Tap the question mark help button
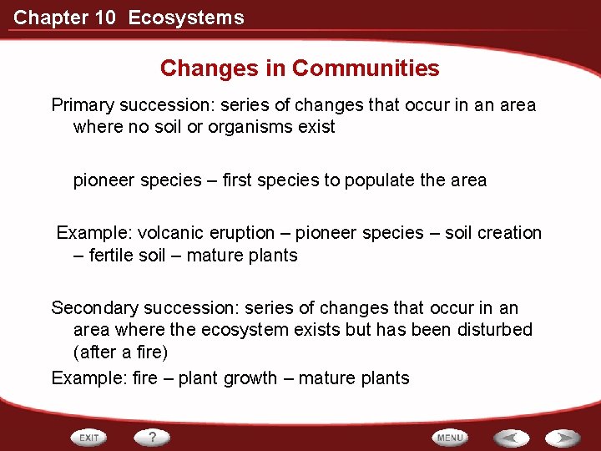point(153,437)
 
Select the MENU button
point(450,438)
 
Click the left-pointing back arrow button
point(511,438)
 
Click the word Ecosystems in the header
point(186,18)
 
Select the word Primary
point(83,105)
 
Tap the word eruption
point(241,233)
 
